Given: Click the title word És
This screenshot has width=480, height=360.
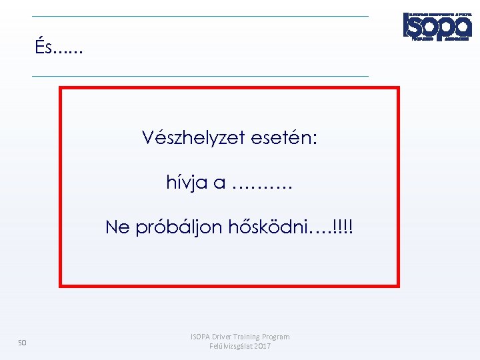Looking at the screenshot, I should click(45, 47).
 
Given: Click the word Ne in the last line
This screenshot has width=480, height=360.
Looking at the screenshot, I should click(118, 227).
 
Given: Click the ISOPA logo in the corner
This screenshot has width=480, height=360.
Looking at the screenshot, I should click(437, 27).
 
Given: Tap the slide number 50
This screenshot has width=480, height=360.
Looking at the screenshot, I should click(22, 343).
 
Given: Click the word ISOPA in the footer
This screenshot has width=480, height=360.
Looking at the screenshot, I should click(201, 337).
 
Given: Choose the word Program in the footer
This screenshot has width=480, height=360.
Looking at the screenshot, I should click(277, 337).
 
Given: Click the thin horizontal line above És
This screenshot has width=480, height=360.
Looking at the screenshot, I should click(200, 16).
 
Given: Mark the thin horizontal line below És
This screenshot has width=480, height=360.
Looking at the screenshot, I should click(200, 76).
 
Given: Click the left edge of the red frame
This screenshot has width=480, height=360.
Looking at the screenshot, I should click(61, 187).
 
